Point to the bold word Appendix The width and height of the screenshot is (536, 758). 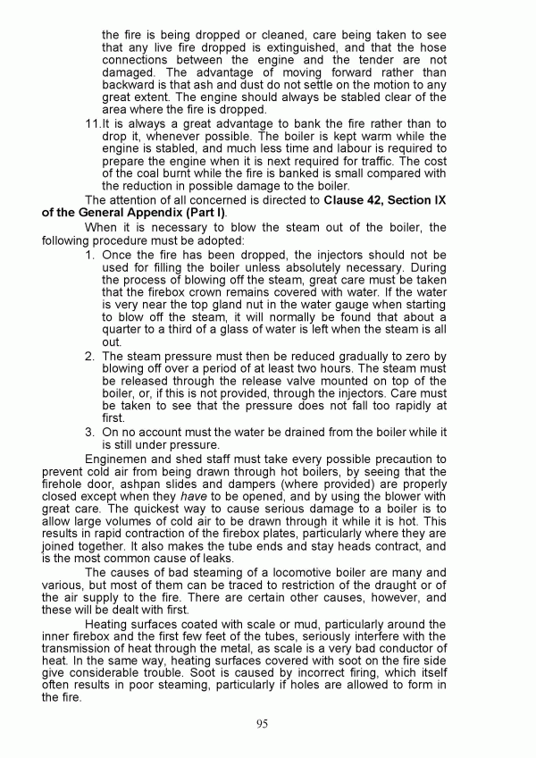pyautogui.click(x=167, y=213)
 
